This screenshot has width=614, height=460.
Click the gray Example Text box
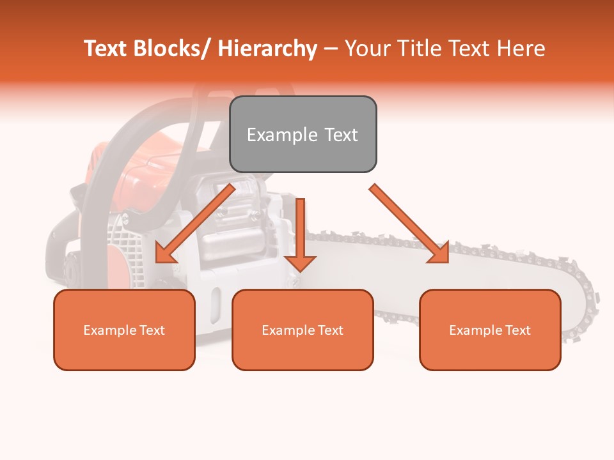(x=303, y=134)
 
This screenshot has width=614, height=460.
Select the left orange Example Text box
(x=124, y=330)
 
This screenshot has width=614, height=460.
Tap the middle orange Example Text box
(x=303, y=330)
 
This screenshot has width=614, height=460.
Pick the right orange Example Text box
(x=490, y=330)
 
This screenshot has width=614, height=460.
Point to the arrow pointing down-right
(x=409, y=224)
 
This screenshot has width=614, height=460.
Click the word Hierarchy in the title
(x=267, y=49)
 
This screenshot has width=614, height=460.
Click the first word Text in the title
(x=107, y=49)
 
